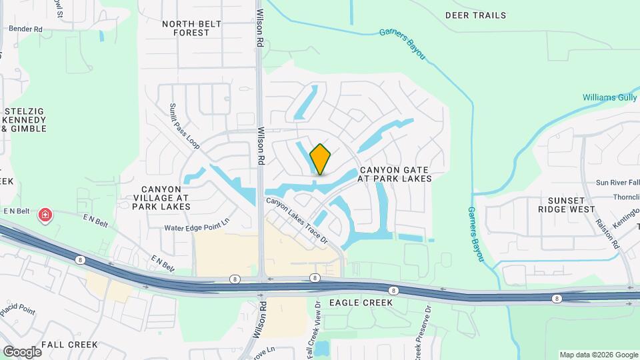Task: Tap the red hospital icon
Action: click(45, 215)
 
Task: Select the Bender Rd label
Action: click(25, 29)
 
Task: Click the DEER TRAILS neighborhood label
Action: click(475, 15)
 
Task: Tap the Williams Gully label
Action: click(610, 97)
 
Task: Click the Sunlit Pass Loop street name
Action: click(184, 125)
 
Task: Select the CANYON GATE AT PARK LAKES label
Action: click(395, 174)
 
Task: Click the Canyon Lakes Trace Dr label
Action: click(298, 219)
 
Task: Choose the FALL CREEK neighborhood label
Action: click(69, 345)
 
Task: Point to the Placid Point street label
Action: click(17, 311)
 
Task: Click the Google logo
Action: click(22, 351)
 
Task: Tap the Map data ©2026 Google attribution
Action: click(597, 355)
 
